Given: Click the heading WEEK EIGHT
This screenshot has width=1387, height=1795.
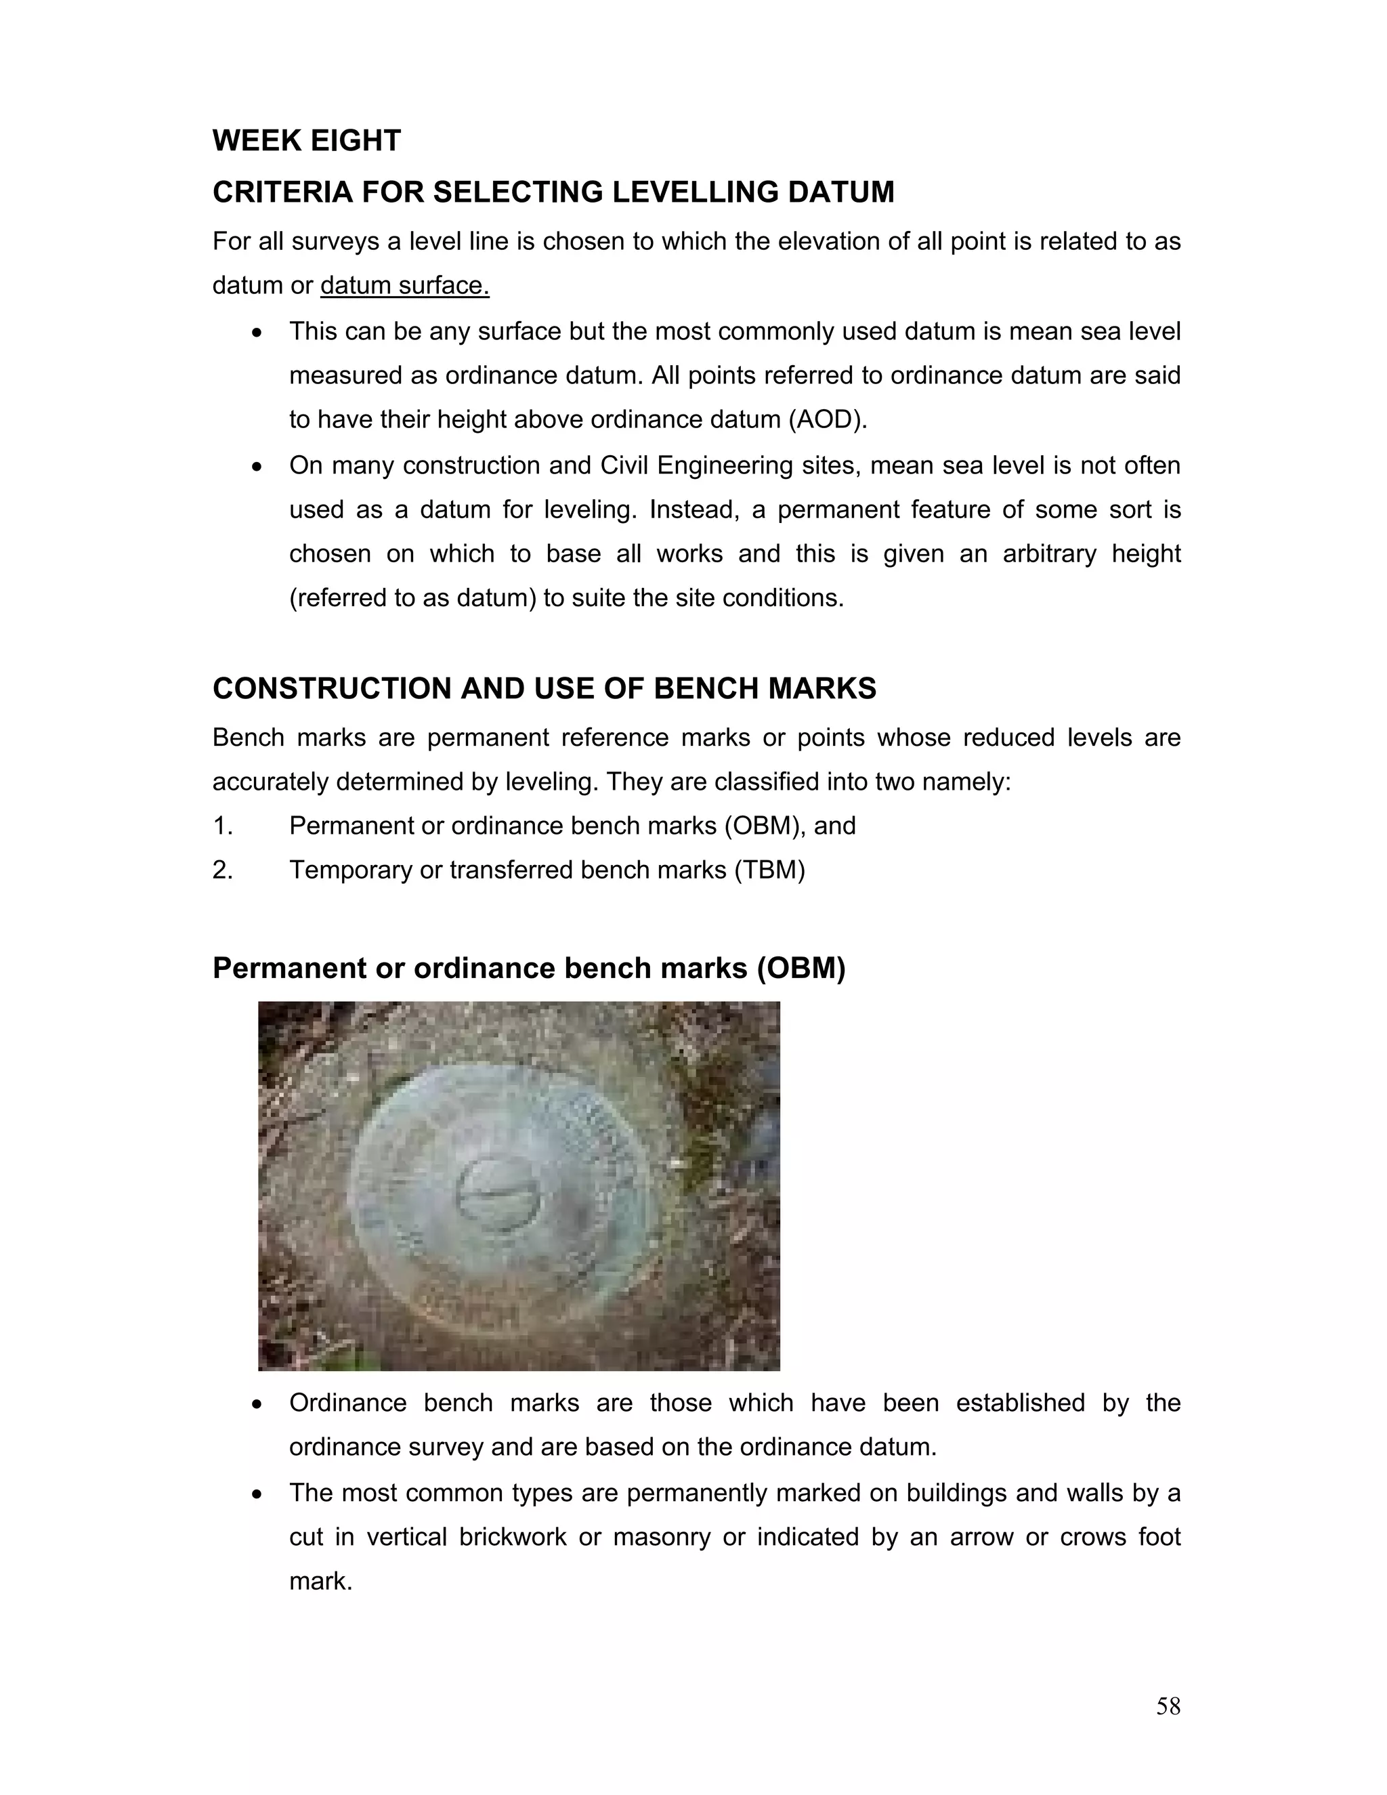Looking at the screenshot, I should pyautogui.click(x=307, y=140).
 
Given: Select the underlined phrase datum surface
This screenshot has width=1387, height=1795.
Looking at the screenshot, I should pyautogui.click(x=404, y=285).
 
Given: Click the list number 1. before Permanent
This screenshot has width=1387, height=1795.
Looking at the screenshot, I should pyautogui.click(x=223, y=826).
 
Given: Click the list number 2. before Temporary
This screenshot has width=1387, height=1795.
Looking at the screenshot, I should pyautogui.click(x=223, y=870).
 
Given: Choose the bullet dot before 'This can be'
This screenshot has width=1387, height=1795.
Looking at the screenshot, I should pyautogui.click(x=258, y=333).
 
